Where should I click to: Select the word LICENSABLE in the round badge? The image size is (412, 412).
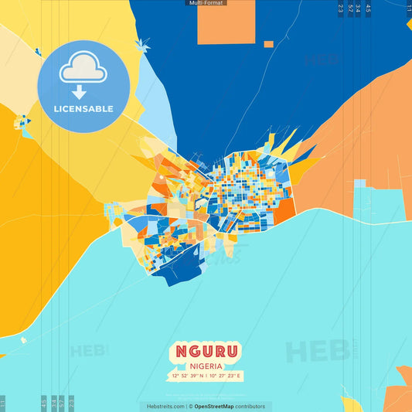[x=83, y=109]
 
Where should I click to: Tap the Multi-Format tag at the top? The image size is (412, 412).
[x=206, y=3]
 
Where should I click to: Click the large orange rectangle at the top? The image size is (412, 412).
[x=226, y=22]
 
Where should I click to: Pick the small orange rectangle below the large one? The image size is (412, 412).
[x=268, y=44]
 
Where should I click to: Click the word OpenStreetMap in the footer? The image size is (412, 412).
[x=220, y=406]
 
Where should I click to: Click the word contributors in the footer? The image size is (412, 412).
[x=250, y=406]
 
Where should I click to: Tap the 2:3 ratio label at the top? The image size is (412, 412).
[x=341, y=9]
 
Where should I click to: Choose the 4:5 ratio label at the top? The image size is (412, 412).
[x=368, y=9]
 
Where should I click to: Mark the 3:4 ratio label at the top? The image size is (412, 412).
[x=358, y=9]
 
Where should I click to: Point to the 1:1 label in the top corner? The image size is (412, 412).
[x=409, y=9]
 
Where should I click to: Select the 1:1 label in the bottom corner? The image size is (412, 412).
[x=3, y=403]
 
